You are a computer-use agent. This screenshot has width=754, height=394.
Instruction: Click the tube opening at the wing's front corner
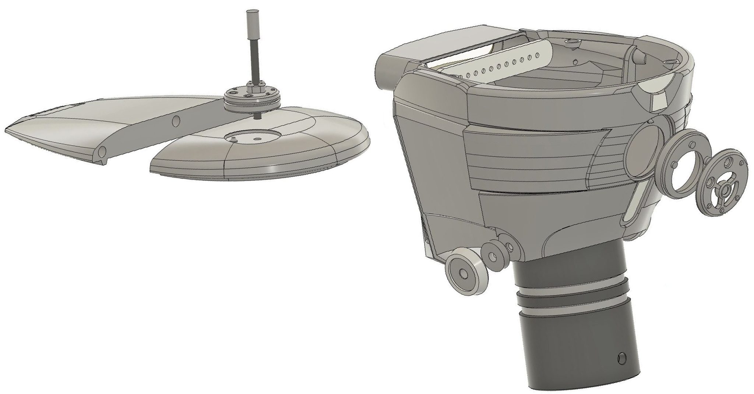(x=102, y=151)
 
